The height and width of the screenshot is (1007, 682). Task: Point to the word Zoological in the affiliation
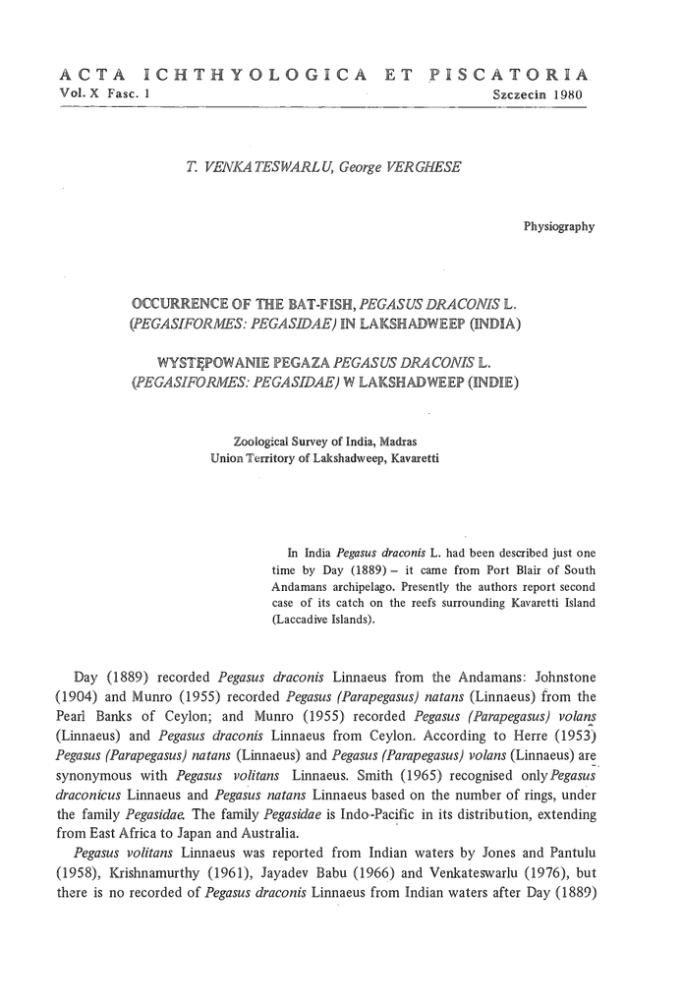click(x=260, y=440)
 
